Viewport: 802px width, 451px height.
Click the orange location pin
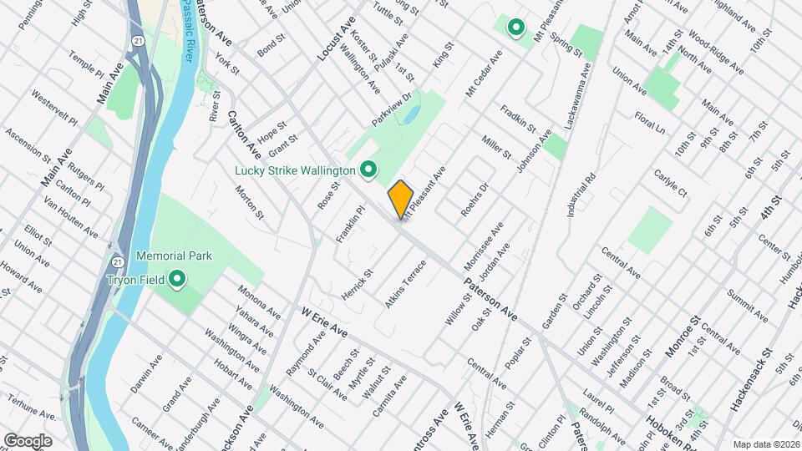[401, 199]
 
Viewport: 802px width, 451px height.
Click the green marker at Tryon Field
[177, 279]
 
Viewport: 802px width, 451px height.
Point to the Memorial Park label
[166, 256]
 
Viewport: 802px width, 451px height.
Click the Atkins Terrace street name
[406, 285]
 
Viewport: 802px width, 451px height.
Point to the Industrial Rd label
[581, 193]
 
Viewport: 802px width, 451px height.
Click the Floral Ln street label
[649, 122]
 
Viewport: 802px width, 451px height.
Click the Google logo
[28, 440]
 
